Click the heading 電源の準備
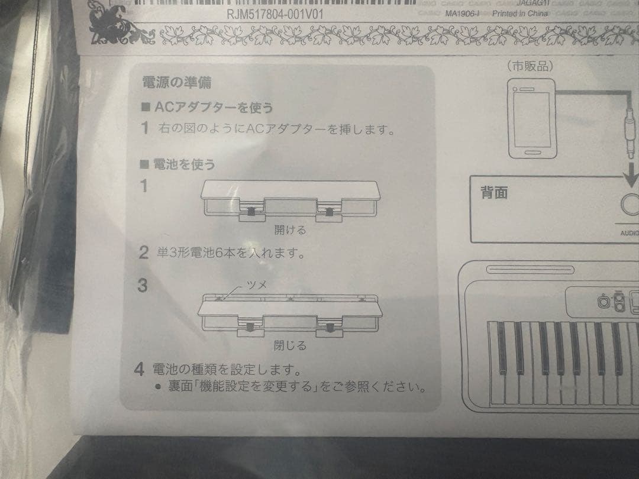point(176,82)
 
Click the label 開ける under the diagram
point(290,230)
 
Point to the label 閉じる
point(290,345)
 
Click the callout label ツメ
point(256,285)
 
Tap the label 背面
point(494,193)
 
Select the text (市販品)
point(530,67)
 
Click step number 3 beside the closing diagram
point(142,286)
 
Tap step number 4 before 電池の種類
point(140,370)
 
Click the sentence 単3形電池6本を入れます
point(227,254)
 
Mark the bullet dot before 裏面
point(158,389)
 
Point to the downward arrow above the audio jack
point(631,174)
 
